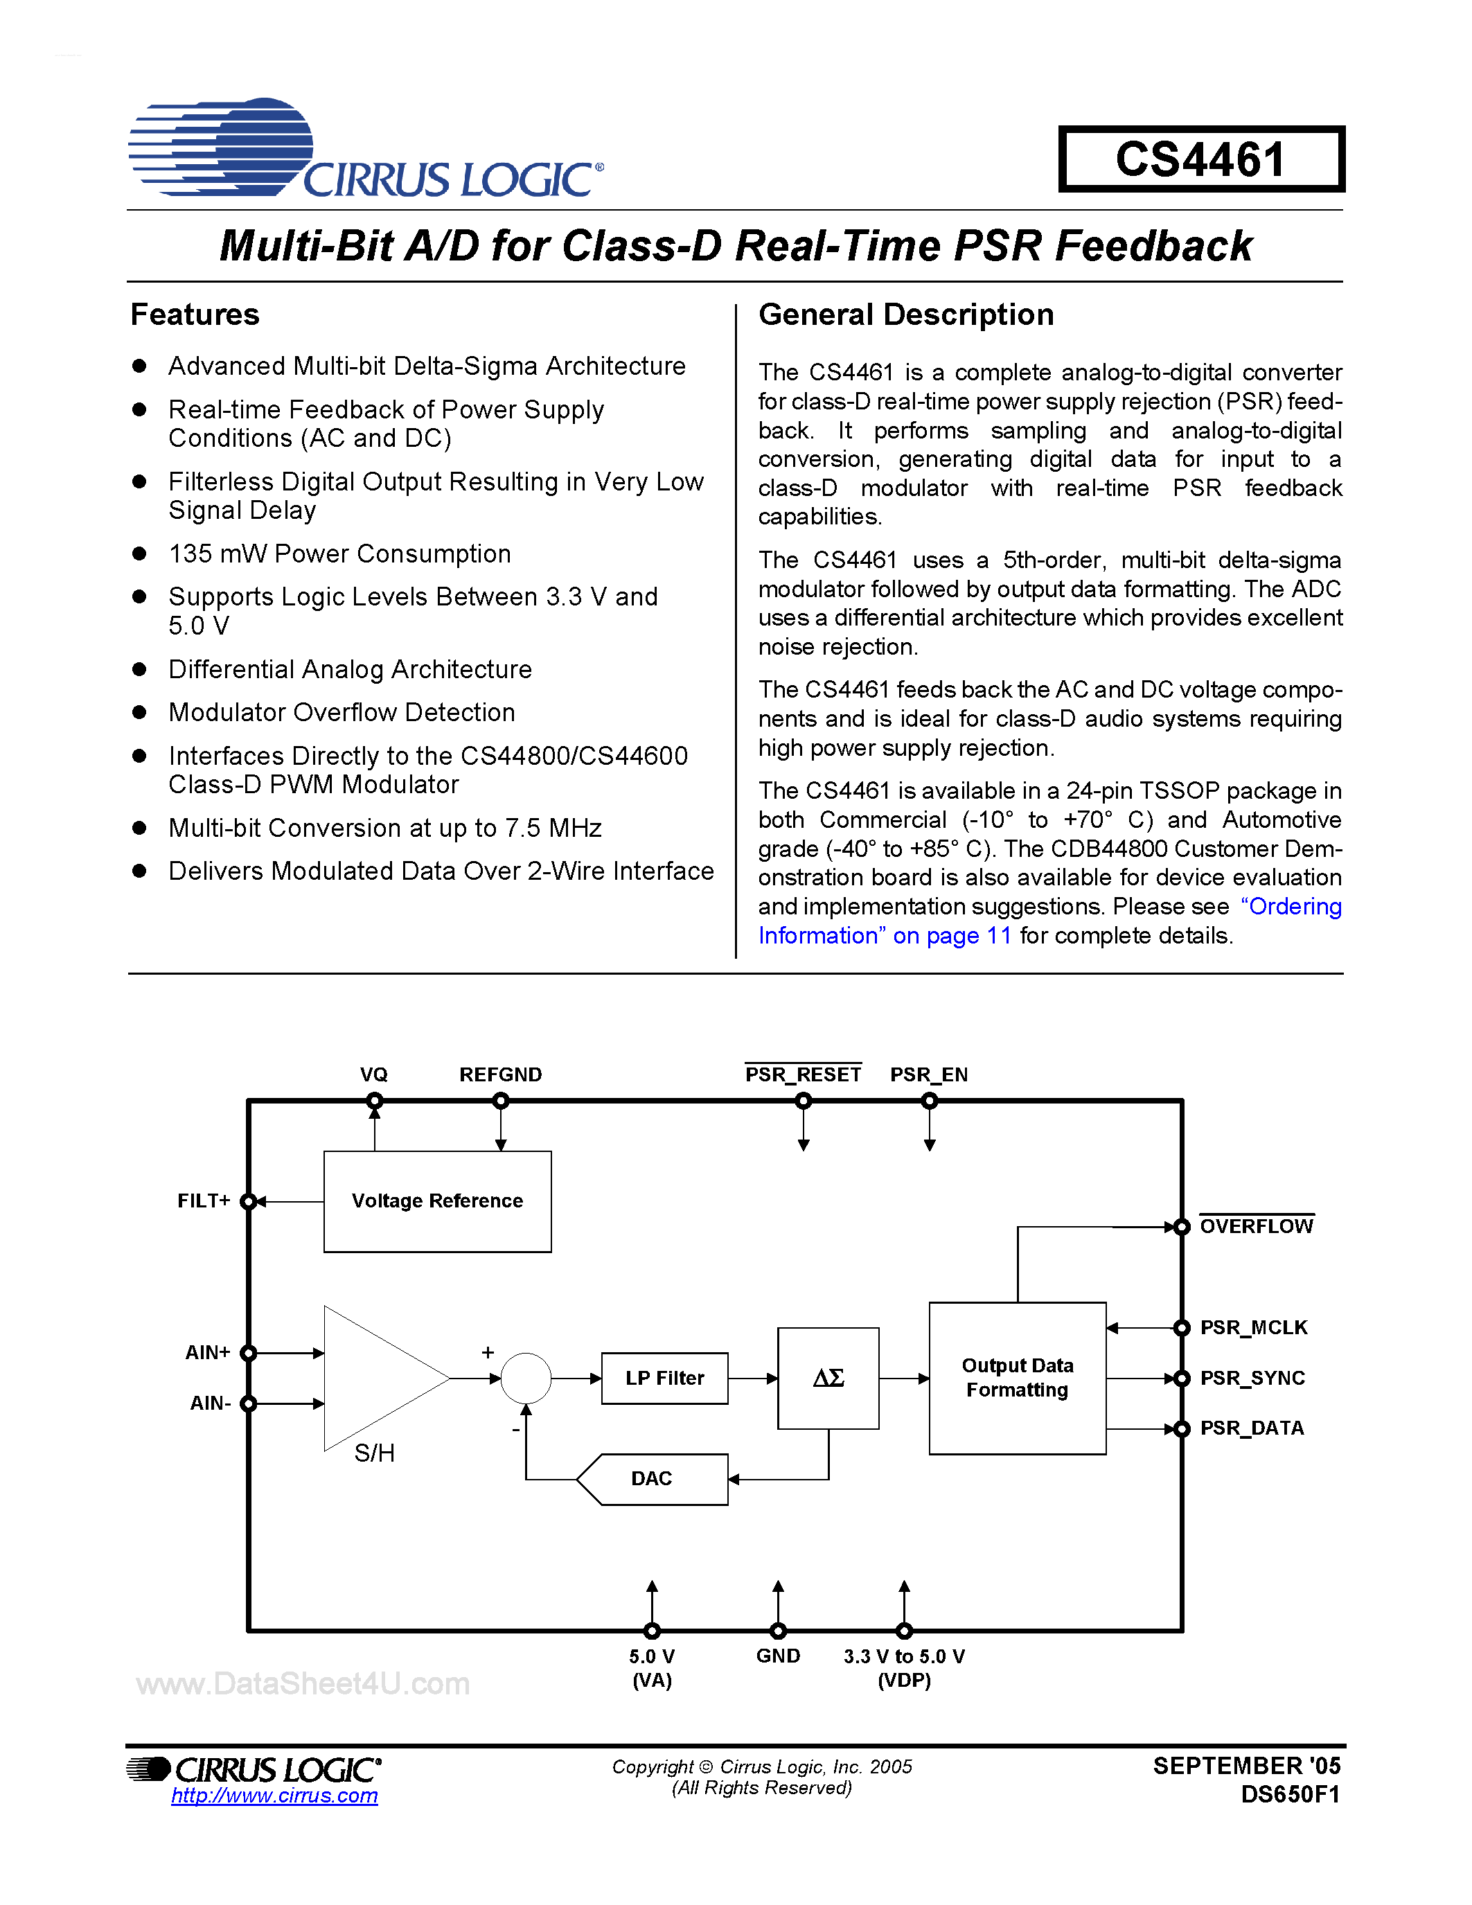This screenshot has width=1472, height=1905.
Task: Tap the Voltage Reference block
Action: [x=437, y=1201]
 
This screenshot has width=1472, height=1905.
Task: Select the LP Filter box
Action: [x=664, y=1378]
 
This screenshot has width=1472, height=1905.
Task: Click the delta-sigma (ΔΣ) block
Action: [x=828, y=1378]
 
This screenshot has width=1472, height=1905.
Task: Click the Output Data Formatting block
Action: [x=1017, y=1378]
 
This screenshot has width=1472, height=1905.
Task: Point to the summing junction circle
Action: [x=526, y=1378]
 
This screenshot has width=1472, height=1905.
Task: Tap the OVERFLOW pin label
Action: [x=1256, y=1226]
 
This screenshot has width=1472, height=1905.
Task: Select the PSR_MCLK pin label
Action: [x=1253, y=1327]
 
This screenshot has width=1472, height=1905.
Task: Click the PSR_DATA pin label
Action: [x=1252, y=1428]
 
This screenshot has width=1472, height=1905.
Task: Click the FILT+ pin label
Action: [x=203, y=1201]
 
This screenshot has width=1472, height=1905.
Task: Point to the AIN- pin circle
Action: [x=249, y=1403]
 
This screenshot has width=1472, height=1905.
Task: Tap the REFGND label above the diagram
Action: [x=501, y=1074]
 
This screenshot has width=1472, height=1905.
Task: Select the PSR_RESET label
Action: [x=802, y=1074]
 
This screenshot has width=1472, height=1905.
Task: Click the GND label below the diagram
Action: [x=778, y=1656]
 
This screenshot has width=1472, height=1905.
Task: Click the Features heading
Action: [x=195, y=314]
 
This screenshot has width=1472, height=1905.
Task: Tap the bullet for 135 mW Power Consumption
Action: [x=139, y=554]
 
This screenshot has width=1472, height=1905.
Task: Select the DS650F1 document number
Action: [x=1290, y=1794]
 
